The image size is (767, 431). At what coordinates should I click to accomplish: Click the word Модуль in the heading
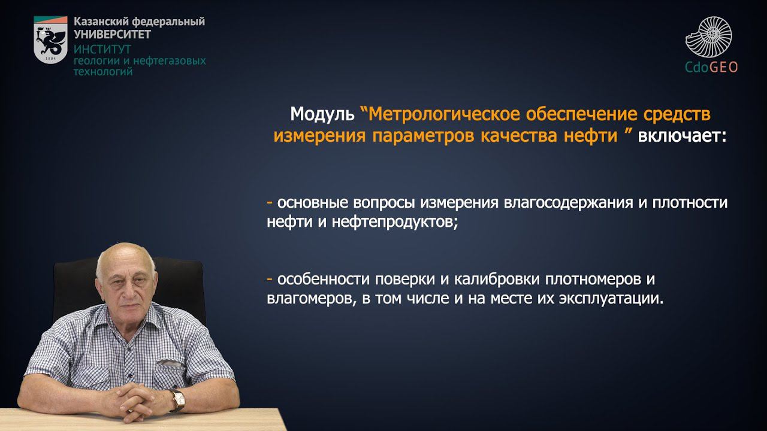(322, 114)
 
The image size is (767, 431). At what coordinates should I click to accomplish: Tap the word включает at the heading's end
(681, 136)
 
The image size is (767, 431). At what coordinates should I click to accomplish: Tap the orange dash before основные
(270, 202)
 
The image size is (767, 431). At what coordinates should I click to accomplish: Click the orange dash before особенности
(270, 280)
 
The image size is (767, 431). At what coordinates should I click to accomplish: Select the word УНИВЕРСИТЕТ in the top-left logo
(112, 35)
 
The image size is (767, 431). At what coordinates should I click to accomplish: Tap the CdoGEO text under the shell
(711, 67)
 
